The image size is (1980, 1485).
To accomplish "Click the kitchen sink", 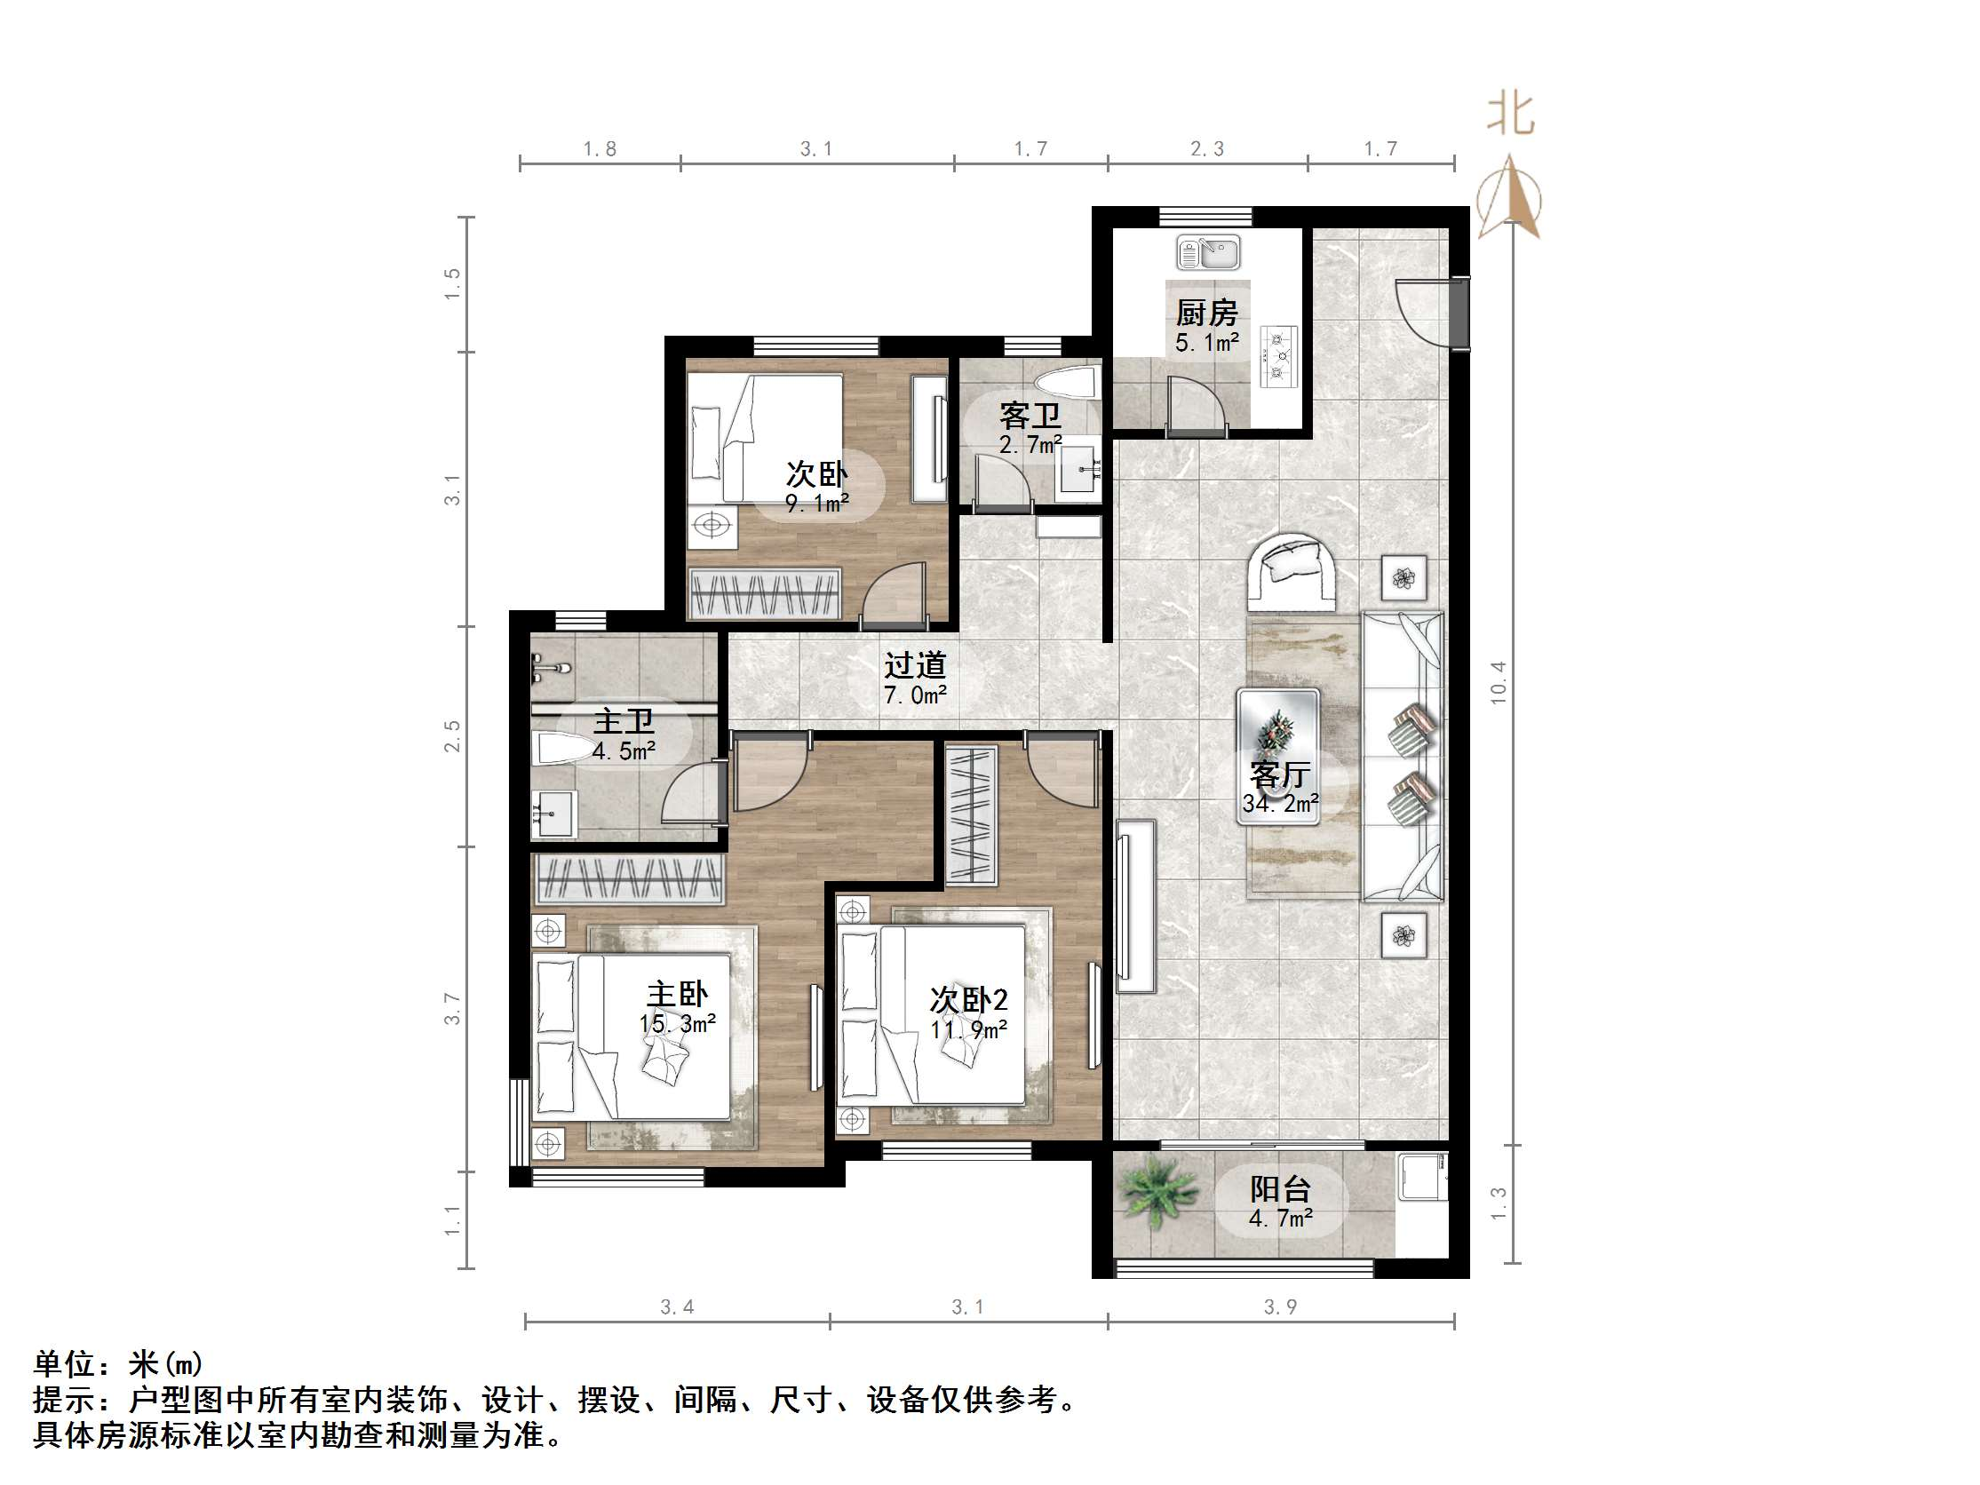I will (1207, 252).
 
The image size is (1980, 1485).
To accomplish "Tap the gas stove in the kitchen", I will (1278, 356).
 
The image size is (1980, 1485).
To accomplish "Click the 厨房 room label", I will (1206, 314).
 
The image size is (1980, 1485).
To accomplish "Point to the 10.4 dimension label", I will (1499, 682).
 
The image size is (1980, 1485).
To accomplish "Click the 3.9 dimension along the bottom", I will (1280, 1306).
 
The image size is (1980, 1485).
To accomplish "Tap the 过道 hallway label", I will (915, 665).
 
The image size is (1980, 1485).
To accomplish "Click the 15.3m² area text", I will (678, 1023).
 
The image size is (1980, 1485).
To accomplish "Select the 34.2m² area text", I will (1280, 804).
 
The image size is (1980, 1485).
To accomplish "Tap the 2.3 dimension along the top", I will (1206, 148).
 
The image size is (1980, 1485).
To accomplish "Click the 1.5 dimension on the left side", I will (453, 283).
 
